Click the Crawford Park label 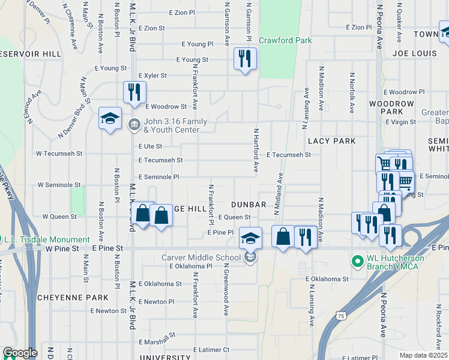coord(285,40)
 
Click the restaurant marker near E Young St coord(244,59)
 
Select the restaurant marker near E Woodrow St coord(134,92)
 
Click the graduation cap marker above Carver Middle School coord(250,238)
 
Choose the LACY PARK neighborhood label coord(331,141)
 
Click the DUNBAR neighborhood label coord(249,205)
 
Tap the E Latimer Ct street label coord(211,349)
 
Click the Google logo coord(20,353)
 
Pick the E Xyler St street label coord(152,76)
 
